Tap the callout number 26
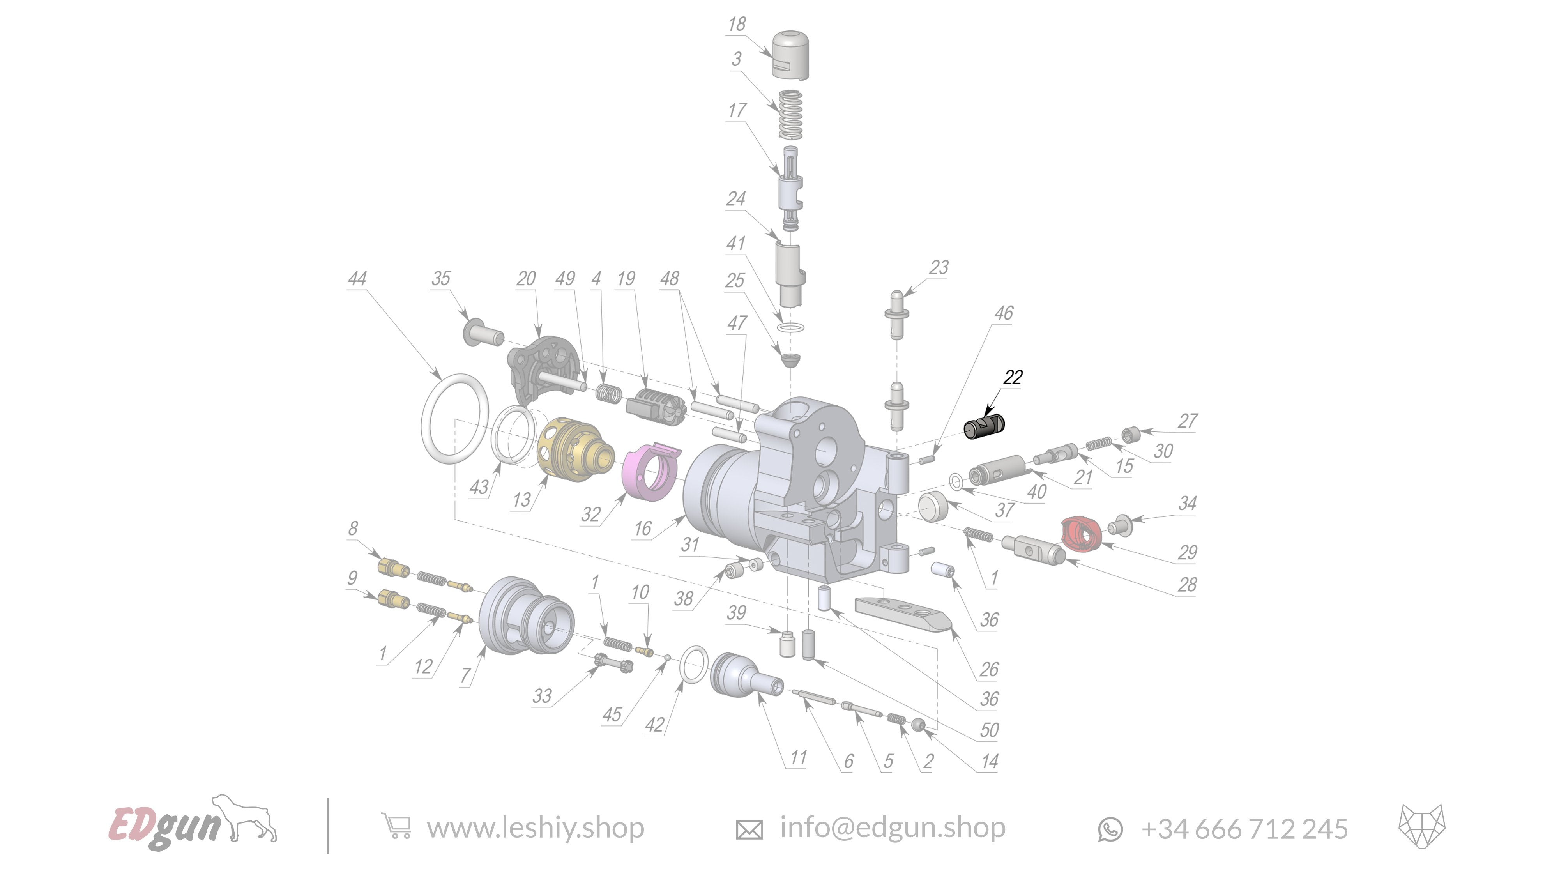point(989,669)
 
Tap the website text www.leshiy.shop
point(535,828)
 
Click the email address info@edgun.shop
point(892,827)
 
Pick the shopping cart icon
point(396,826)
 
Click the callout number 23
point(939,267)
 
